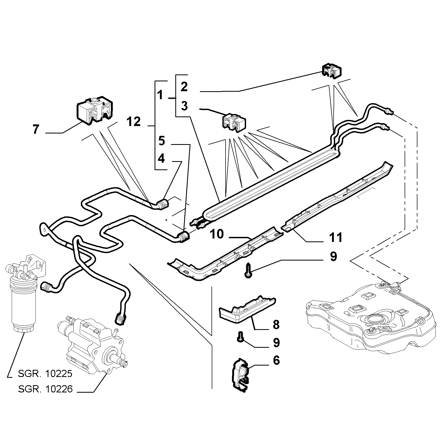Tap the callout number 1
pos(160,95)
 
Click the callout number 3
pos(184,106)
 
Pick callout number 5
pos(162,141)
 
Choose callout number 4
pos(161,159)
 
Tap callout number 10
pos(217,234)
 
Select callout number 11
pos(335,237)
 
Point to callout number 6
pos(276,361)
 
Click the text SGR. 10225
pos(45,374)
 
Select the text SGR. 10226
pos(45,389)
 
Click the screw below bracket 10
pos(248,270)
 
